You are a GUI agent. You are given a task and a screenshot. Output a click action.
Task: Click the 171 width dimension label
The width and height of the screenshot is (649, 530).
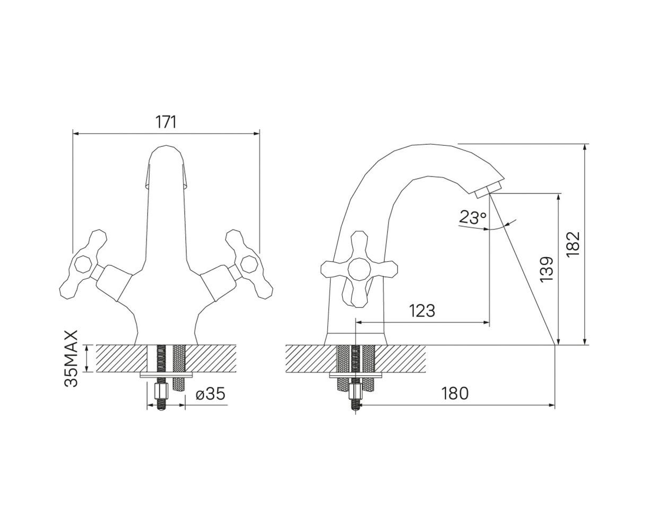click(x=166, y=122)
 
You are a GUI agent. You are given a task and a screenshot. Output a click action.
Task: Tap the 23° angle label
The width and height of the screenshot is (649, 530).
click(x=473, y=217)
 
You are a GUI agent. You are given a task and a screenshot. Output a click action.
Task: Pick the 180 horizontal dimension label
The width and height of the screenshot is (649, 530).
click(x=455, y=393)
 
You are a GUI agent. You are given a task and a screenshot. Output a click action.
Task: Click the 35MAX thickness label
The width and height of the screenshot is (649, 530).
click(x=71, y=358)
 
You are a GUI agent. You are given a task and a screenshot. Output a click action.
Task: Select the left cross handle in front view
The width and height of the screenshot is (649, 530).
click(x=83, y=264)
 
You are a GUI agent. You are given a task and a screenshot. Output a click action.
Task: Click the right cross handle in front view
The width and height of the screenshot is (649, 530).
click(x=249, y=264)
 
